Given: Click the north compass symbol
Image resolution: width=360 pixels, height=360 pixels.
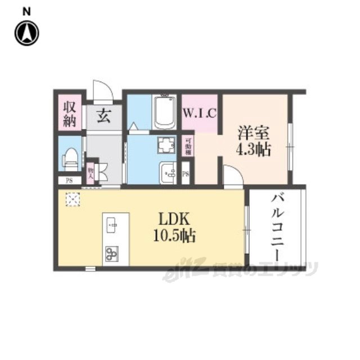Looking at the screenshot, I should (x=26, y=33).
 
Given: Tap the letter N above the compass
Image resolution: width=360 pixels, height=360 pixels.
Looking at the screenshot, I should (x=26, y=11).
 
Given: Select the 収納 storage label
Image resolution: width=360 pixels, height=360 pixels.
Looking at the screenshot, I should (x=70, y=113).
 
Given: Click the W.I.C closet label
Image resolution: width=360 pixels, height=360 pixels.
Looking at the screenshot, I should (x=199, y=112).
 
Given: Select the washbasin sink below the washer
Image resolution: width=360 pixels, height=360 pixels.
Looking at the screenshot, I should (x=167, y=172).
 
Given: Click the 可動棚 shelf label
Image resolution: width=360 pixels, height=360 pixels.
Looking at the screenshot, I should (x=188, y=145).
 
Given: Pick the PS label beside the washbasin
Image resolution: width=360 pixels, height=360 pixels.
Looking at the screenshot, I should (x=186, y=174).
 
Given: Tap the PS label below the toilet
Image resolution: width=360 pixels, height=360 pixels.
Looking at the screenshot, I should (x=69, y=181).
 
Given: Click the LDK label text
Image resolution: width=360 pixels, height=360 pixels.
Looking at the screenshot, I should (x=172, y=219).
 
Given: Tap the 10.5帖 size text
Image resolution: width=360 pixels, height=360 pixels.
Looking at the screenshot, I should (x=172, y=236).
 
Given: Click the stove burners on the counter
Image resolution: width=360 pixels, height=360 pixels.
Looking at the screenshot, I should (x=111, y=253).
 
